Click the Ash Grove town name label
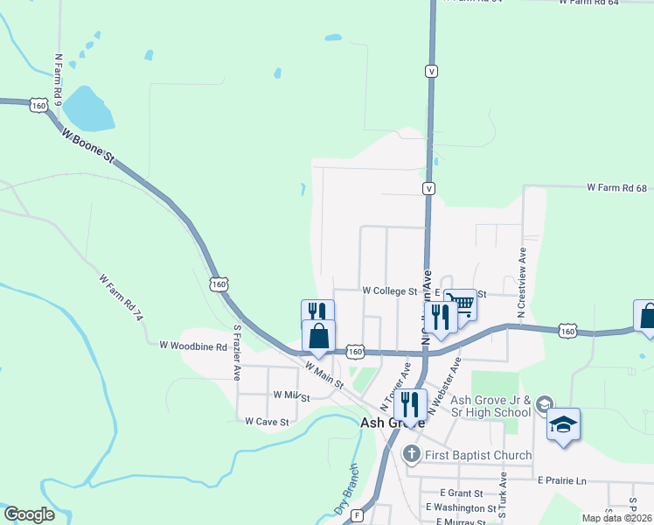click(393, 423)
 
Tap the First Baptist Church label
click(477, 455)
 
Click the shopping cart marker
click(461, 305)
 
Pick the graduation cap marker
click(564, 425)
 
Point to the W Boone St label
click(88, 145)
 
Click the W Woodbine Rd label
click(193, 346)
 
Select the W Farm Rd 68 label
click(616, 188)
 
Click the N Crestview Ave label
click(521, 281)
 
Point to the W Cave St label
click(267, 421)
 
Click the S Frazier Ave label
click(236, 353)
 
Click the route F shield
click(358, 515)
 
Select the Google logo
click(29, 514)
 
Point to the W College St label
click(390, 290)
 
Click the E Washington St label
click(461, 507)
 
